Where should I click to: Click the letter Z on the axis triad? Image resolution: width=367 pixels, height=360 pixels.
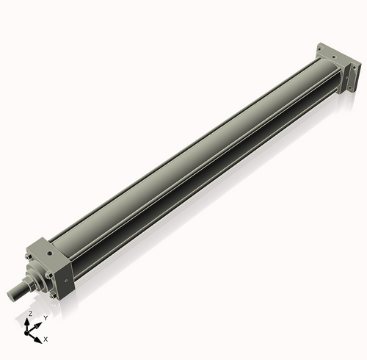pos(30,314)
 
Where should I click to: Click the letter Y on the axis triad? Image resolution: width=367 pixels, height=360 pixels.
pos(46,317)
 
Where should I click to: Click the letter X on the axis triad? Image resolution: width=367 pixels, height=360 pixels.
pos(46,339)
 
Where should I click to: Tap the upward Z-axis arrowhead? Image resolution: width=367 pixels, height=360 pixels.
pos(30,321)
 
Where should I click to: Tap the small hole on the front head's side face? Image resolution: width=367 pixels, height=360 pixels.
pos(66,280)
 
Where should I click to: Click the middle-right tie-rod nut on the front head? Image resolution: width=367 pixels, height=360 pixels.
pos(49,275)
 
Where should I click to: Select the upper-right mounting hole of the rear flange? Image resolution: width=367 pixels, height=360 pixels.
pos(356,63)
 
